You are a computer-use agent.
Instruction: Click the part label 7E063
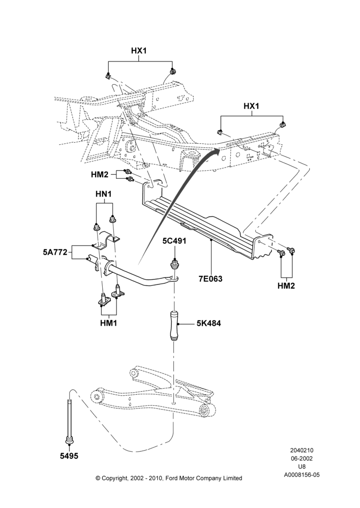[x=211, y=278]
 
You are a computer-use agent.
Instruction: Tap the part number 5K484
[x=208, y=323]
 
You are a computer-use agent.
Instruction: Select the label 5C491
[x=175, y=241]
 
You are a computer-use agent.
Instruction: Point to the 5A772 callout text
[x=55, y=252]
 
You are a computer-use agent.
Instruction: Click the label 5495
[x=69, y=456]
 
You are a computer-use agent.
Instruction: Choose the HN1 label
[x=104, y=195]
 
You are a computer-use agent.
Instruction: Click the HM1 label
[x=108, y=323]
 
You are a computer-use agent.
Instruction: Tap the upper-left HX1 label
[x=139, y=51]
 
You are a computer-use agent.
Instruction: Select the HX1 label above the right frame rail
[x=251, y=106]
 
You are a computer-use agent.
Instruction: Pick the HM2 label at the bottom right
[x=286, y=285]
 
